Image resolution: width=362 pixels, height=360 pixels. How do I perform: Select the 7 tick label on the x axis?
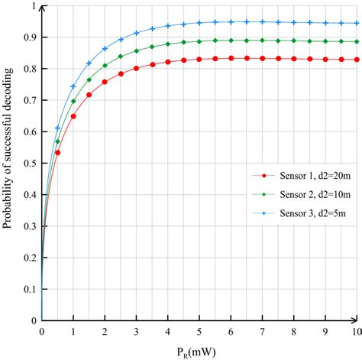point(262,331)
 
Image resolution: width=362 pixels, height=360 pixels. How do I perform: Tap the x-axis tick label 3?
point(136,331)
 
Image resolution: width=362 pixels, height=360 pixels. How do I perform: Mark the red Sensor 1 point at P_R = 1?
point(73,116)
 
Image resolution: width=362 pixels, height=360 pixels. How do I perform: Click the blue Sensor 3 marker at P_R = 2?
point(105,48)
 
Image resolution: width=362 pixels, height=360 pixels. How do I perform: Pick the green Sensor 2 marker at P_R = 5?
point(199,41)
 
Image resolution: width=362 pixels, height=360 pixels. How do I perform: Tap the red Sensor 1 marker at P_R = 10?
point(357,60)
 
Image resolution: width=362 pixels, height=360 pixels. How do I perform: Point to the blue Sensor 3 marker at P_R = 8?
point(293,22)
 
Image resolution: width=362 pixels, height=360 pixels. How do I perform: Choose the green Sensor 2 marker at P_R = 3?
point(136,50)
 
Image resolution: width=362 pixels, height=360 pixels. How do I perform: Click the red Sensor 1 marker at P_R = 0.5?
point(57,153)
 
